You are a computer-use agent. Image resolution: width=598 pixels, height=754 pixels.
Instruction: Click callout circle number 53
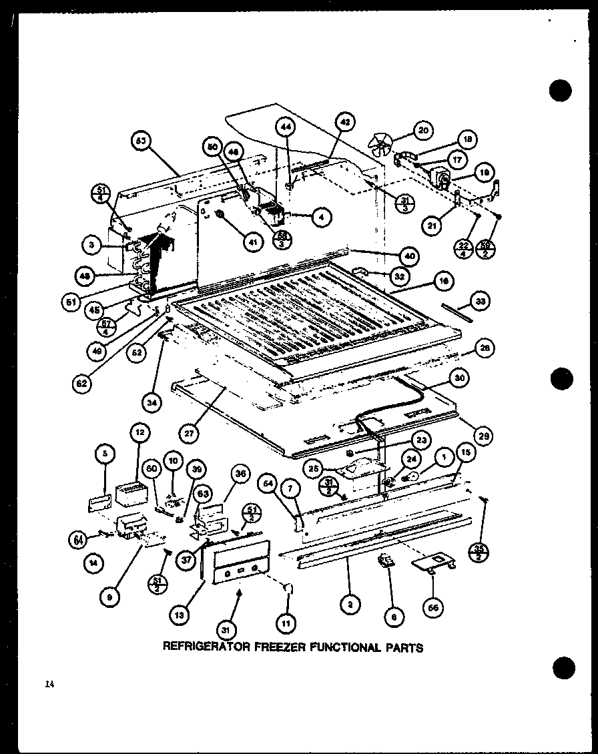141,141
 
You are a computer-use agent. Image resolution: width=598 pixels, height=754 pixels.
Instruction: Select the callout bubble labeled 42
344,123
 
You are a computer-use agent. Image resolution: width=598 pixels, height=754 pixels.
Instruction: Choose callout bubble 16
441,282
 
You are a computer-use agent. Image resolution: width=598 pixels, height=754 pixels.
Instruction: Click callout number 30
459,378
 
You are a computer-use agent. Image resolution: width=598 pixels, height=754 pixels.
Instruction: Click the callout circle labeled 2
350,605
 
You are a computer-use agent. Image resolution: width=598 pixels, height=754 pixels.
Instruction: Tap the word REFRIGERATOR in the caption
204,647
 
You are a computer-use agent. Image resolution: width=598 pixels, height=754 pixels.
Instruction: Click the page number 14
50,683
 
